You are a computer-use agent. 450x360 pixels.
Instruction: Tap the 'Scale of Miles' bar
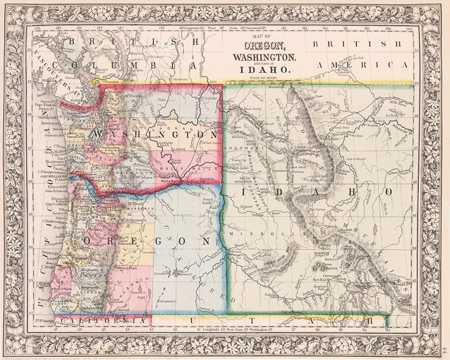point(262,80)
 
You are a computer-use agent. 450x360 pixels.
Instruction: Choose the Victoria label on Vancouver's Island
point(79,99)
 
